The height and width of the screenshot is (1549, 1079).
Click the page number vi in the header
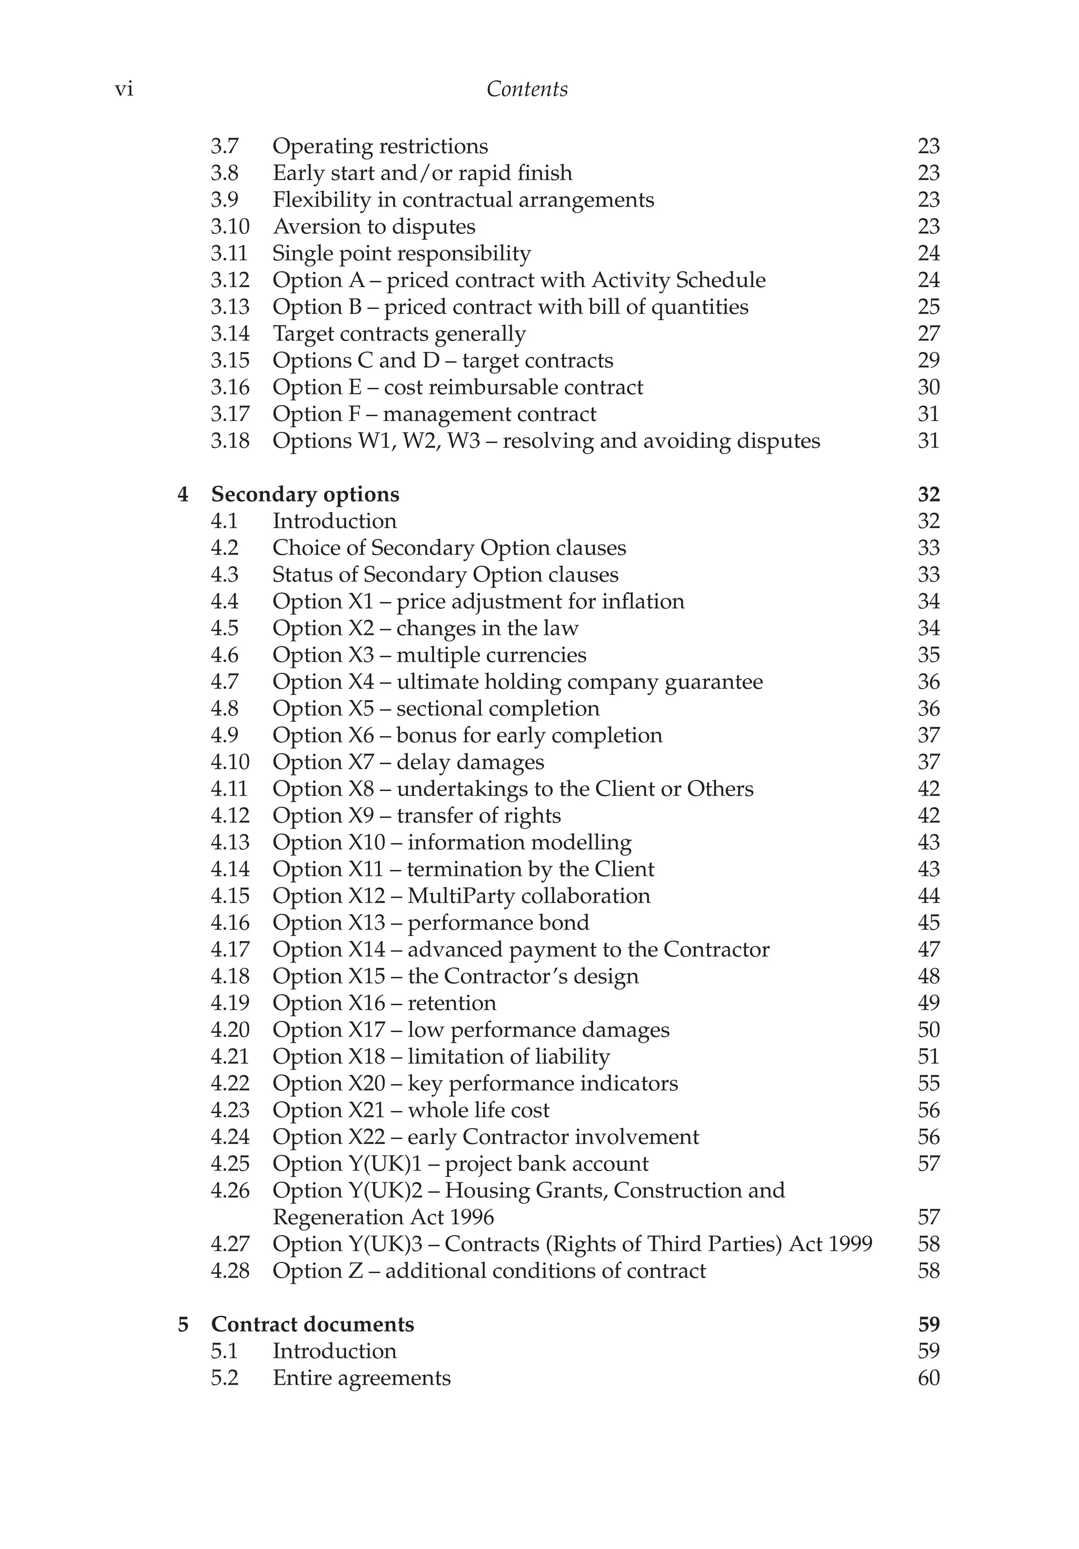pos(124,90)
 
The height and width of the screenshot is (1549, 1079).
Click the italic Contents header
pos(527,89)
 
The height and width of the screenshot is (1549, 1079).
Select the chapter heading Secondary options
pos(305,495)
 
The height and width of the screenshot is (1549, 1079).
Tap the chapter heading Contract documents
pos(312,1325)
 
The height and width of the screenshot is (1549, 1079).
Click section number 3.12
pos(229,280)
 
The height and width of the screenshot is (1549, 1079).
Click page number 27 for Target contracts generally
pos(928,334)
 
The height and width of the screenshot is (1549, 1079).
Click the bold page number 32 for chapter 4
pos(928,495)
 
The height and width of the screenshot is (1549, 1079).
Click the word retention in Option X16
pos(452,1003)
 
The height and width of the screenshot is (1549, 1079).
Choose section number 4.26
pos(229,1191)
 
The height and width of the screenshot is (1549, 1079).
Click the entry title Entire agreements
pos(361,1378)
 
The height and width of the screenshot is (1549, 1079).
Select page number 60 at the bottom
pos(928,1378)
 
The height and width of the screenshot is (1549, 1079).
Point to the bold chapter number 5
pos(183,1325)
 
